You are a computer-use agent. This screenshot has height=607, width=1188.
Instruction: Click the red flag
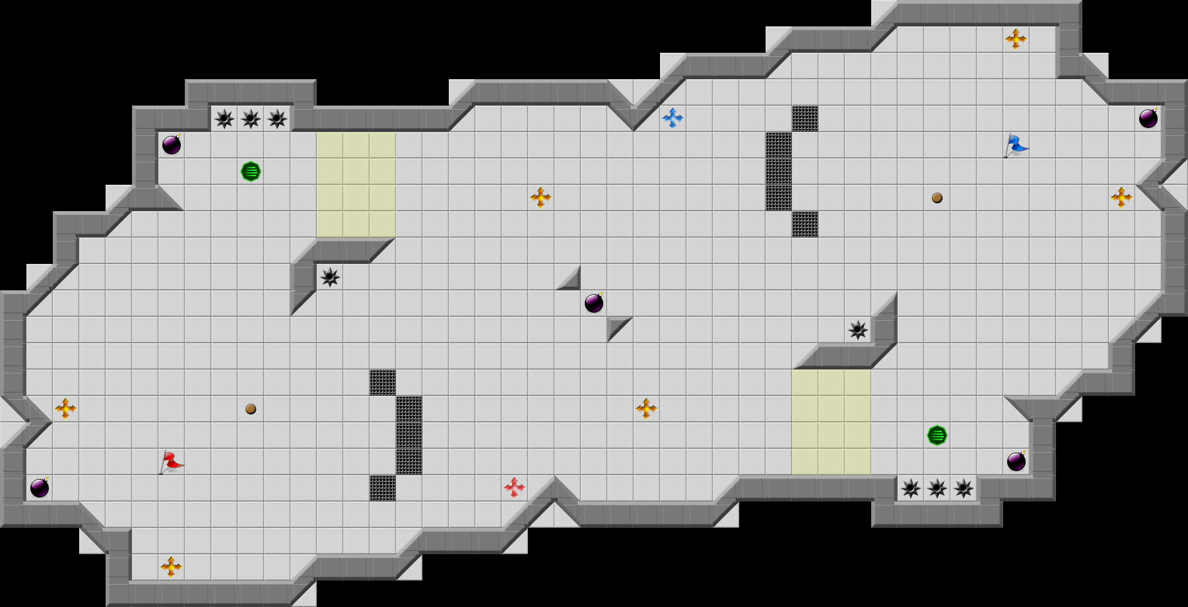[172, 462]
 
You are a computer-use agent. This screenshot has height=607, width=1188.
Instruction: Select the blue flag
[1016, 145]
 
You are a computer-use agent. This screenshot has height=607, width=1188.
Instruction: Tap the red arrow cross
[514, 488]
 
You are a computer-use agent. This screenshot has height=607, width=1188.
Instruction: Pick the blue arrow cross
[673, 118]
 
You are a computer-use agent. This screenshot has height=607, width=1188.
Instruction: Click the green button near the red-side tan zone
[251, 172]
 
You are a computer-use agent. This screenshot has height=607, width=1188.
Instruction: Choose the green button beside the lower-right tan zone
[937, 435]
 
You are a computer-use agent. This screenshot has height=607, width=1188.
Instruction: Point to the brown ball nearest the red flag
[251, 409]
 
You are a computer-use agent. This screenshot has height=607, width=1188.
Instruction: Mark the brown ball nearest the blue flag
[937, 198]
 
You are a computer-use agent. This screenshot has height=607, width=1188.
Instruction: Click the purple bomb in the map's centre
[594, 303]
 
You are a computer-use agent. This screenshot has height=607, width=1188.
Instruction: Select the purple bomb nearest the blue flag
[1148, 119]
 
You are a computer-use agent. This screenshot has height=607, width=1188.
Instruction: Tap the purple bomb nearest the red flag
[40, 488]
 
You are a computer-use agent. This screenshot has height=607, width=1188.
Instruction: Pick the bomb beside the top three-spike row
[172, 144]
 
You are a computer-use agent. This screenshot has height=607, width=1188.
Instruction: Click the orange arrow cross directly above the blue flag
[1016, 39]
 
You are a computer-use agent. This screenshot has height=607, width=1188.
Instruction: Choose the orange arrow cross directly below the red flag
[171, 567]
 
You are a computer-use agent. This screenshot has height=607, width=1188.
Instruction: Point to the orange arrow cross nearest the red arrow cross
[646, 408]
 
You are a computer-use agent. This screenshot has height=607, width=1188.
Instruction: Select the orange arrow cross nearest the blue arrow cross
[541, 197]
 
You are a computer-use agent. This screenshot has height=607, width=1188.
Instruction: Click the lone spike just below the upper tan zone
[330, 277]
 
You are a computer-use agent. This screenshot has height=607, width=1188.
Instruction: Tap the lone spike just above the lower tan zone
[858, 330]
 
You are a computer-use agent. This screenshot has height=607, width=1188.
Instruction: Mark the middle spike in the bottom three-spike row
[937, 488]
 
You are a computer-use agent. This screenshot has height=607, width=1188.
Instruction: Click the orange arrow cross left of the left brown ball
[65, 408]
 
